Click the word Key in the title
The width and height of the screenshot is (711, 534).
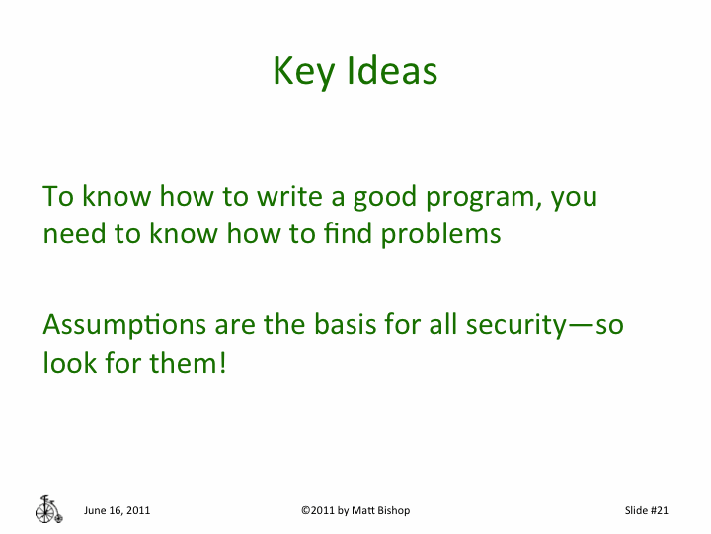[x=302, y=73]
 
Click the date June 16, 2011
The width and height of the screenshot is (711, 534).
[x=117, y=510]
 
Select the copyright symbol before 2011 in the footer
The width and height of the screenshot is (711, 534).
[x=305, y=510]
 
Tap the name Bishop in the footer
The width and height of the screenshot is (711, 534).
[x=390, y=510]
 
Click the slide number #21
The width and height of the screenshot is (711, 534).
[x=660, y=510]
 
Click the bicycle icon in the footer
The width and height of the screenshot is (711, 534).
[x=47, y=508]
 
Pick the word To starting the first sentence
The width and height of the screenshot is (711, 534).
[x=58, y=196]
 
